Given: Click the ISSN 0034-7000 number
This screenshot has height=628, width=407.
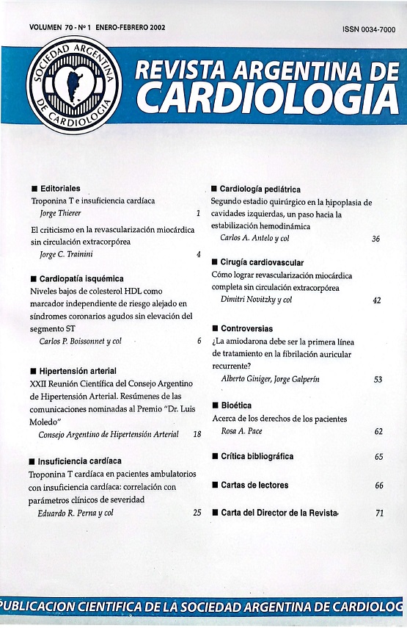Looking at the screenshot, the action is click(x=368, y=29).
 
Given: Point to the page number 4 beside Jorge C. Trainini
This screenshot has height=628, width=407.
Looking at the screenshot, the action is click(x=198, y=255).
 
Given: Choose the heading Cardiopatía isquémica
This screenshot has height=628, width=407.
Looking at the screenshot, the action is click(x=81, y=279).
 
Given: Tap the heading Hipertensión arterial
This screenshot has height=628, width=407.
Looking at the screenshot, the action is click(x=78, y=371).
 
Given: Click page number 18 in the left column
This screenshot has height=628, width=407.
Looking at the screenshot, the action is click(x=197, y=435).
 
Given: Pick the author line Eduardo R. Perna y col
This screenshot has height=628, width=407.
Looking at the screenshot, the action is click(x=76, y=513).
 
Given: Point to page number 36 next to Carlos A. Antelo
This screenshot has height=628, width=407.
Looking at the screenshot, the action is click(x=376, y=239).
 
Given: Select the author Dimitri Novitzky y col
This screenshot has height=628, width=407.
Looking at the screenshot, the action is click(x=257, y=300).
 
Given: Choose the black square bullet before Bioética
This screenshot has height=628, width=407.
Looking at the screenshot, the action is click(x=214, y=405).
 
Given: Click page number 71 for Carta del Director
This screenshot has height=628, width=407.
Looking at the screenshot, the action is click(x=378, y=513).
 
